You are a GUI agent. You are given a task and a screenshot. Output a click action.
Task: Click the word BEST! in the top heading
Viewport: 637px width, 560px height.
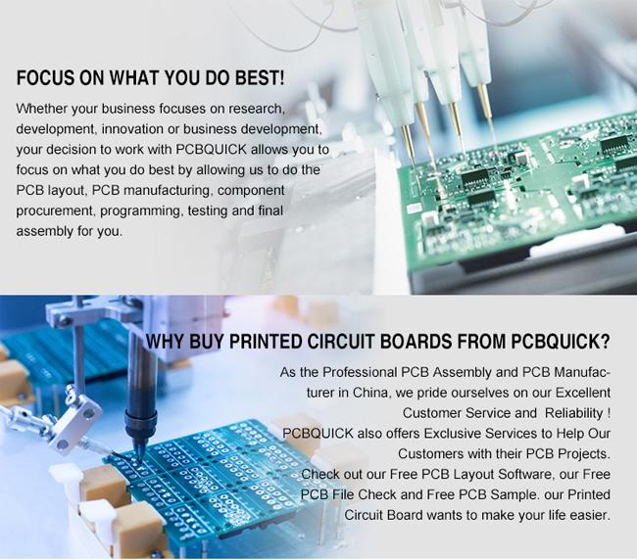pyautogui.click(x=260, y=77)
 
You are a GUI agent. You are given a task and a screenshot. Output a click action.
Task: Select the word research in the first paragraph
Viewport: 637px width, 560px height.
pyautogui.click(x=256, y=109)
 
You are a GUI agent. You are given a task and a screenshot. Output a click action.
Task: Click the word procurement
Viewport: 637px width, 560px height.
pyautogui.click(x=56, y=211)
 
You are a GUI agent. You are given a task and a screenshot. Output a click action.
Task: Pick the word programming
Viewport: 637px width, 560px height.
pyautogui.click(x=142, y=211)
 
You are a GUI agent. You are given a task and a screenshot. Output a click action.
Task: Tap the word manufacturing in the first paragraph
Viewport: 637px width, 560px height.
pyautogui.click(x=168, y=191)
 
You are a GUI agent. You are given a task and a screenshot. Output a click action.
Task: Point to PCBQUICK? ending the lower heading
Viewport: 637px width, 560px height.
pyautogui.click(x=561, y=342)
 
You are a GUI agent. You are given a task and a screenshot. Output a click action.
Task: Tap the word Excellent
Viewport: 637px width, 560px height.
pyautogui.click(x=583, y=394)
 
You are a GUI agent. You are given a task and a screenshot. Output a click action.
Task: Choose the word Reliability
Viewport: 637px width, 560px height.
pyautogui.click(x=574, y=413)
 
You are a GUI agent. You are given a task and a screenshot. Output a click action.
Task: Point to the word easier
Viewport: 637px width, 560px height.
pyautogui.click(x=590, y=515)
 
